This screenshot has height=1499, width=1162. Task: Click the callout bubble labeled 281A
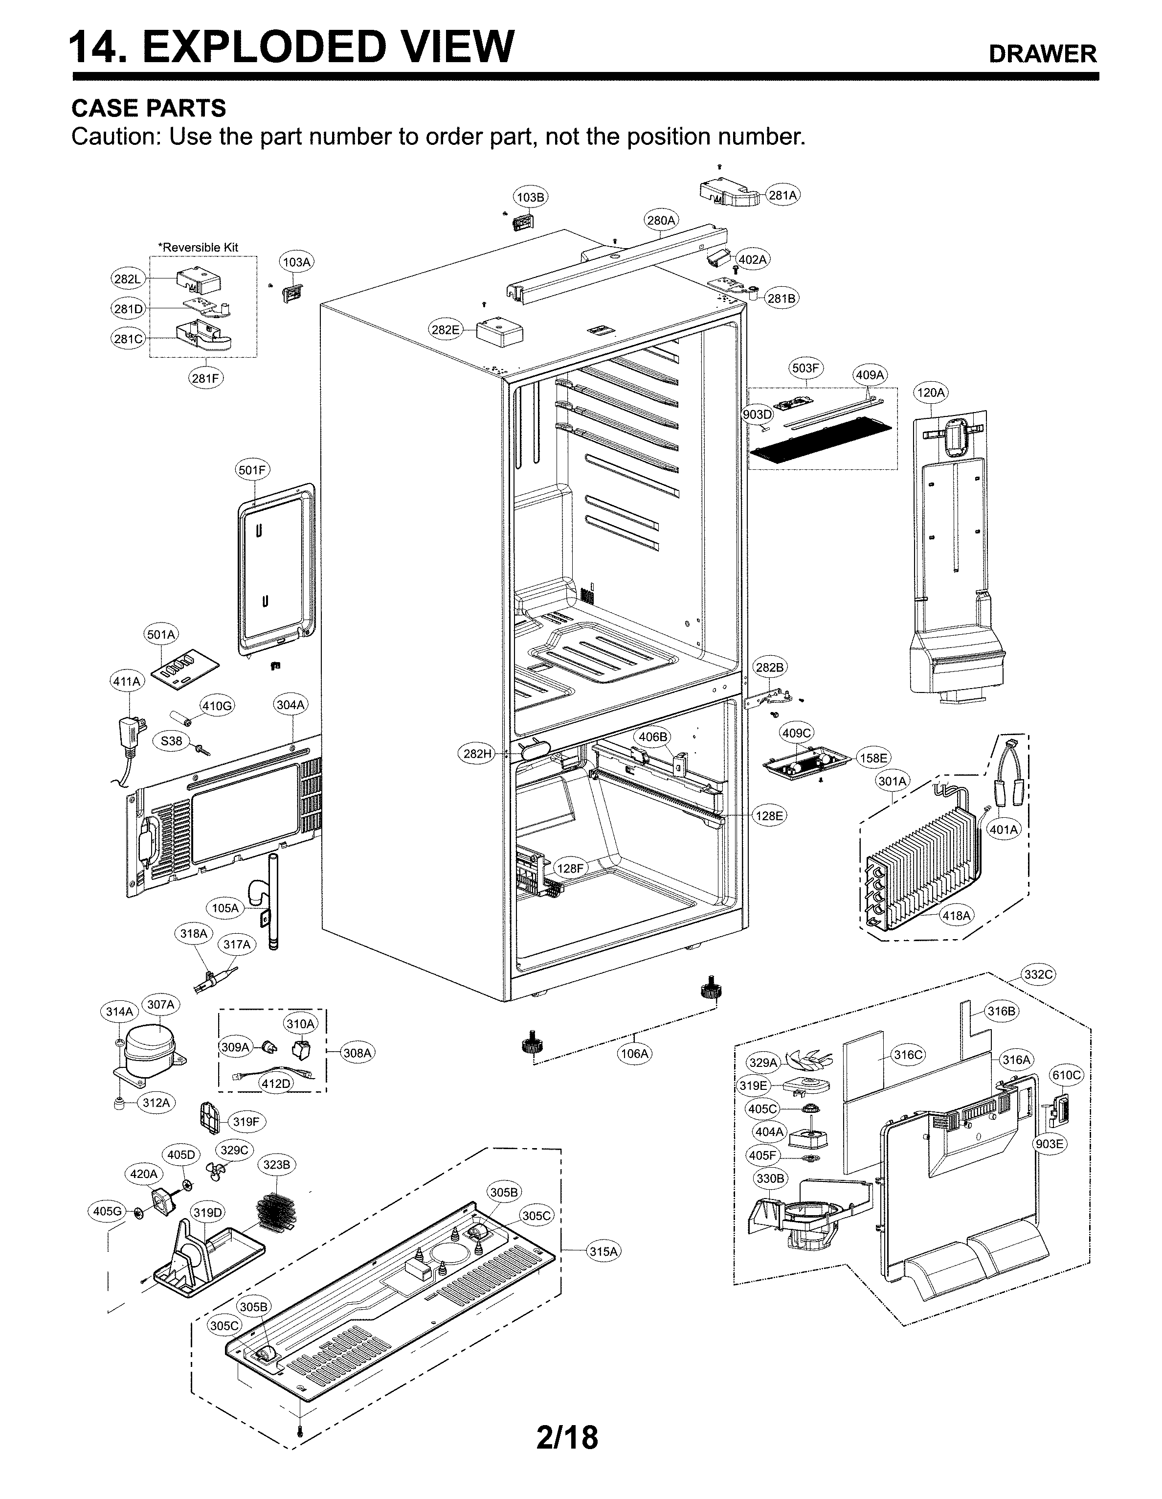[782, 195]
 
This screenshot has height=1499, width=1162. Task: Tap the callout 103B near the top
[530, 198]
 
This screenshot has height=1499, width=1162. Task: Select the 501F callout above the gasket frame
[252, 470]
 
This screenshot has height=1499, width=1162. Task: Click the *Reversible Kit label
[198, 247]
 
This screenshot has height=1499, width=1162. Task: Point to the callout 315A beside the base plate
[603, 1251]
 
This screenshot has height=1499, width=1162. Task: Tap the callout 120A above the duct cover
[930, 392]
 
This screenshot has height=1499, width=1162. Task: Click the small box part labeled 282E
[499, 332]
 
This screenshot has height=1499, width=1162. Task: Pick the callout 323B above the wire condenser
[276, 1165]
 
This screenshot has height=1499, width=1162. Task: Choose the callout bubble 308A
[358, 1053]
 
